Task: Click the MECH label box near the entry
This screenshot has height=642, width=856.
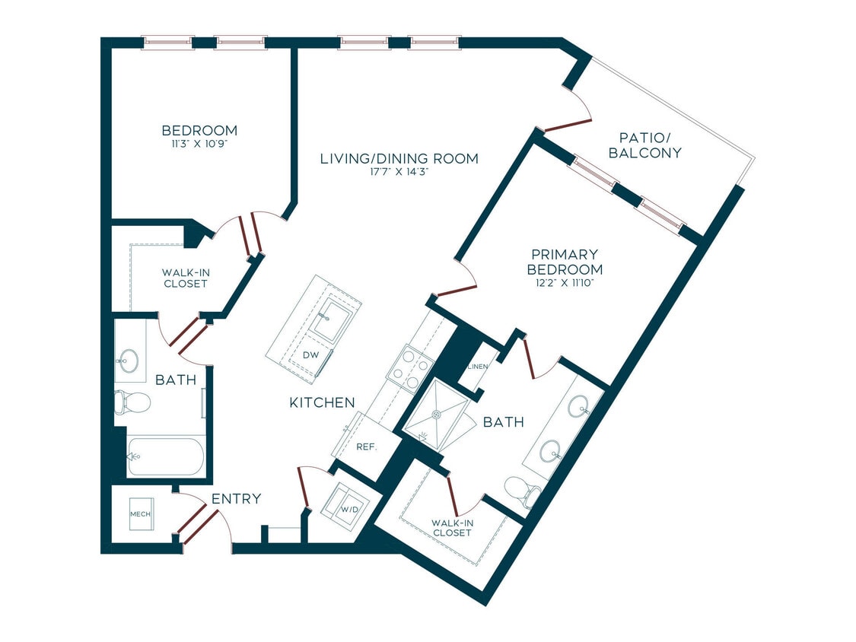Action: click(x=140, y=513)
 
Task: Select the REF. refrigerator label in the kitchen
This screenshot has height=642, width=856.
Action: click(x=367, y=447)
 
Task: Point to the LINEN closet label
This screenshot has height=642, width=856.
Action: click(x=478, y=366)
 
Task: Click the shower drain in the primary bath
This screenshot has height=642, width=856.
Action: click(x=437, y=415)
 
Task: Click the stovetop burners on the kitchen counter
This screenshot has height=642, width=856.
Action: click(x=412, y=368)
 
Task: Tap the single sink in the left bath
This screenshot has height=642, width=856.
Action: click(x=128, y=361)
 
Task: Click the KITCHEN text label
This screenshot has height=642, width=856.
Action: click(x=322, y=402)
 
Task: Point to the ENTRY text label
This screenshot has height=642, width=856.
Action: click(x=236, y=499)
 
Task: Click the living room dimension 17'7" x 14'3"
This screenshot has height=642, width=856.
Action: click(x=399, y=173)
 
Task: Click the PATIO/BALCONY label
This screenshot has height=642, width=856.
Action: click(x=650, y=145)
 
